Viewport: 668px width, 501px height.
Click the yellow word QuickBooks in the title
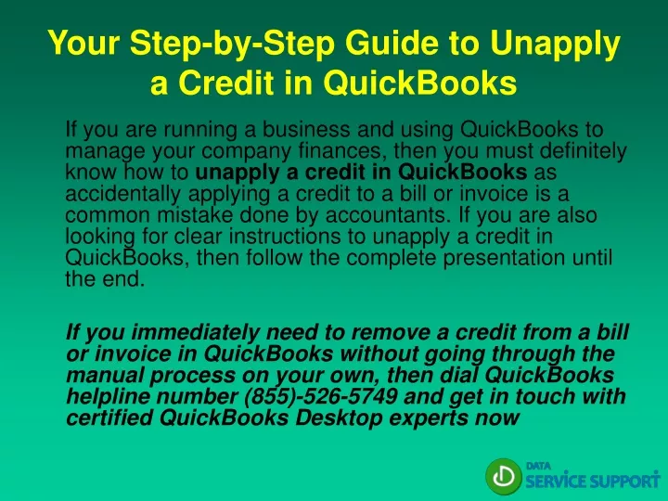(x=419, y=82)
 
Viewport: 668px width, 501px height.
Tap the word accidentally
(x=123, y=194)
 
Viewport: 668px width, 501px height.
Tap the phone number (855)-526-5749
(x=321, y=397)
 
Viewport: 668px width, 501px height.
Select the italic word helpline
(x=109, y=397)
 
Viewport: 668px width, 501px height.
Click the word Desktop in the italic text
(x=339, y=417)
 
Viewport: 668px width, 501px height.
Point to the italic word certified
(x=109, y=417)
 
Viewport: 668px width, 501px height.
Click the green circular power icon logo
(x=503, y=477)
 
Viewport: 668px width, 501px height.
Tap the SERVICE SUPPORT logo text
(x=593, y=481)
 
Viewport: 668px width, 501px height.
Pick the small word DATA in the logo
(x=538, y=466)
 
